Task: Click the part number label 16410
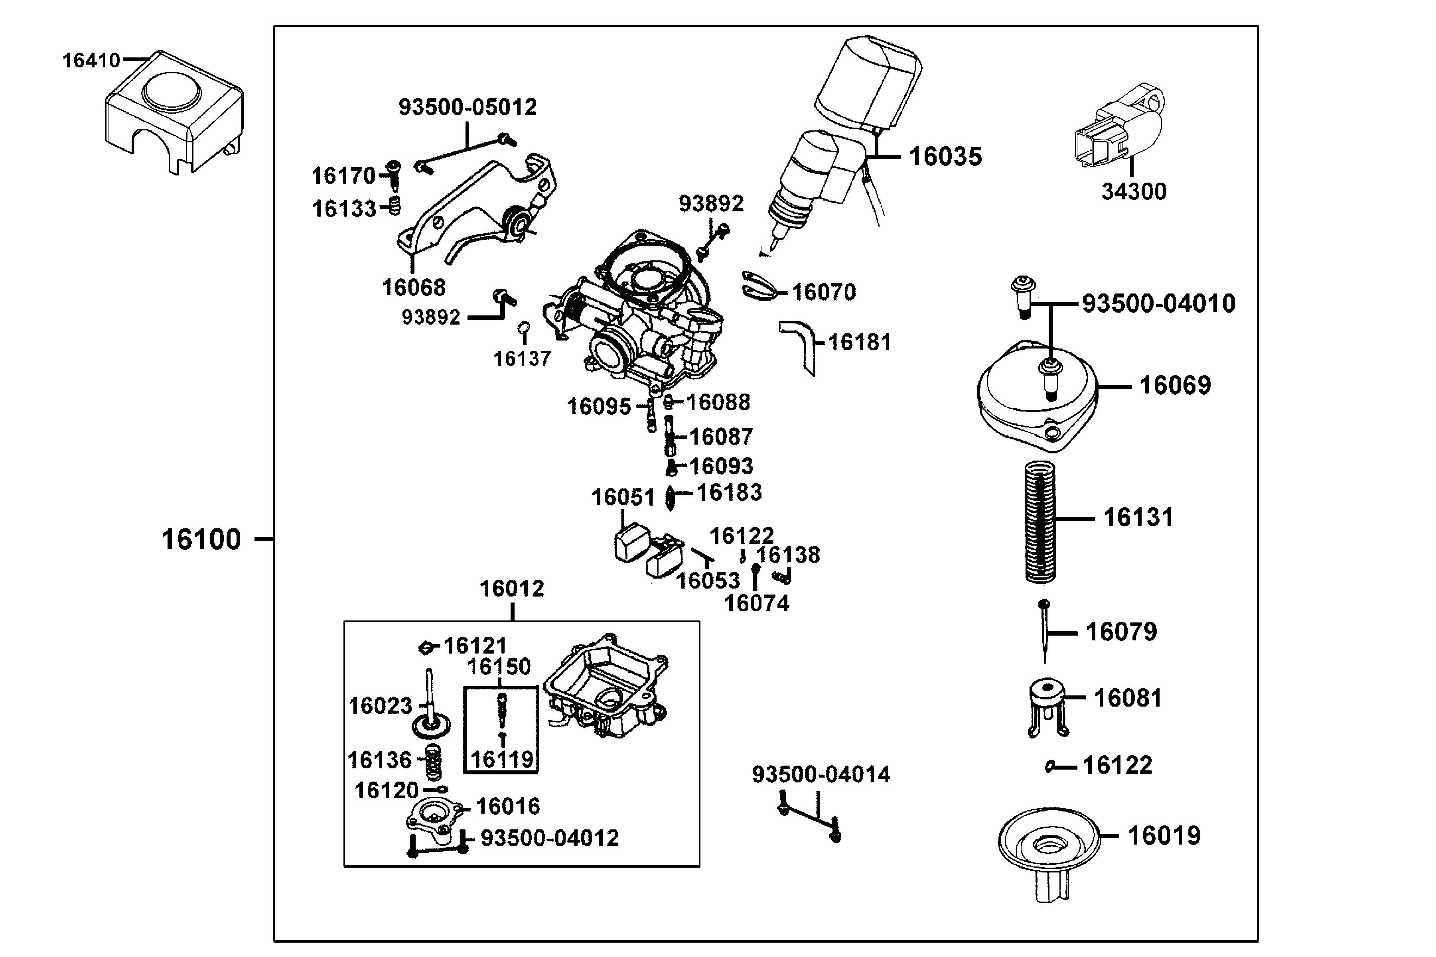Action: (92, 61)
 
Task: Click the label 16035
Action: (945, 157)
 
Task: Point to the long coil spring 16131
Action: (1039, 522)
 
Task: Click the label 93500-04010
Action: (1158, 303)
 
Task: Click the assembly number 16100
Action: (201, 540)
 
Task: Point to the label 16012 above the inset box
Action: (512, 589)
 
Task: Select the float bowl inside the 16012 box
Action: (604, 687)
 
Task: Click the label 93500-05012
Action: (467, 107)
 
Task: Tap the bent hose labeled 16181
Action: (800, 345)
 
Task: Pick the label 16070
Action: (824, 292)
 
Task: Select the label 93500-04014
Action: (821, 774)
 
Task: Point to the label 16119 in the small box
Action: (502, 760)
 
